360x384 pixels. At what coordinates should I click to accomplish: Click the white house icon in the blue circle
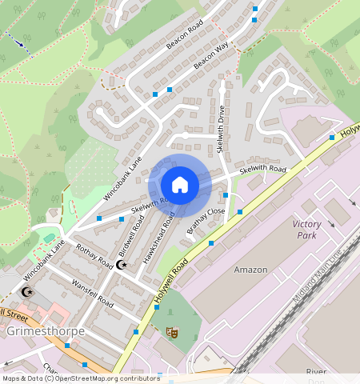coord(180,186)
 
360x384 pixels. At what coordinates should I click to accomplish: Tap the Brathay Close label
coord(206,222)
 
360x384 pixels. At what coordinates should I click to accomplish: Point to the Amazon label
coord(250,270)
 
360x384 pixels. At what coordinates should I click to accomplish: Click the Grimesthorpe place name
coord(40,330)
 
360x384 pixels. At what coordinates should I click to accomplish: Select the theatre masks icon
coord(170,331)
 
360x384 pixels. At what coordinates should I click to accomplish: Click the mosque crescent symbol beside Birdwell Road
coord(122,264)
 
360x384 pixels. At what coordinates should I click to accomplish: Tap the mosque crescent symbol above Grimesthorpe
coord(27,291)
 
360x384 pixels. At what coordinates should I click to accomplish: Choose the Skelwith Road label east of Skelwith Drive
coord(263,170)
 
